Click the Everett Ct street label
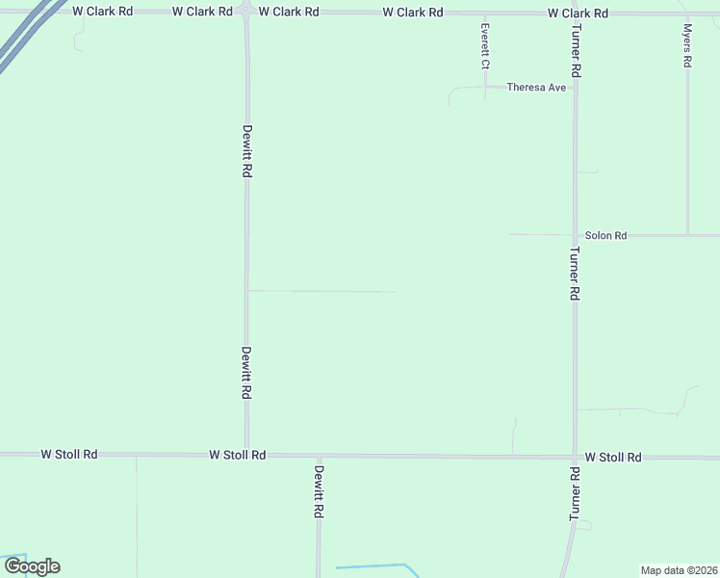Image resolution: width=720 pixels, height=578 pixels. click(x=485, y=46)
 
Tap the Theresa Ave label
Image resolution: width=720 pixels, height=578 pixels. click(x=536, y=87)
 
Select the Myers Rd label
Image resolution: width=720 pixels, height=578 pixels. click(x=686, y=46)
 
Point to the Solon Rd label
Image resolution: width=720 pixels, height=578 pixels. click(x=605, y=235)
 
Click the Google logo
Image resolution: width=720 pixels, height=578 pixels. click(x=32, y=566)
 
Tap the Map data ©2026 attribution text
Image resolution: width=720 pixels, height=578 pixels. click(x=679, y=569)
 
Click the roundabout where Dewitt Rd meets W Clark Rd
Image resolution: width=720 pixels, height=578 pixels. click(x=246, y=13)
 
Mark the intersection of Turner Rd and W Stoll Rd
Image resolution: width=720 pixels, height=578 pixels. click(x=575, y=457)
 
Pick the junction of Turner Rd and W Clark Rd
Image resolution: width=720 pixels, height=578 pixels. click(x=575, y=13)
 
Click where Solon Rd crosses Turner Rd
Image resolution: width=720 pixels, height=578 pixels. click(x=575, y=235)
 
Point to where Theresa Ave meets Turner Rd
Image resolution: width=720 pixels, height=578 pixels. click(x=575, y=87)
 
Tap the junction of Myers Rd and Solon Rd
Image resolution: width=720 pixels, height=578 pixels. click(x=687, y=235)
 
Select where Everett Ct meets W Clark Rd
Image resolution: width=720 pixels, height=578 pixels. click(x=485, y=13)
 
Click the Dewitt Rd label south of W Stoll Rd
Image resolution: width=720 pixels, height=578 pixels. click(x=318, y=492)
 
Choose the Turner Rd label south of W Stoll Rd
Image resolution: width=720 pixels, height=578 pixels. click(x=574, y=494)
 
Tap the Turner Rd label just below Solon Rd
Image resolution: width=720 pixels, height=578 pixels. click(x=574, y=274)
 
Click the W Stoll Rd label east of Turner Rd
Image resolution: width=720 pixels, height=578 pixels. click(x=612, y=458)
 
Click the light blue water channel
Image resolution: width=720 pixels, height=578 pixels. click(x=375, y=566)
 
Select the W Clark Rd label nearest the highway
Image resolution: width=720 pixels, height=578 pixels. click(x=102, y=12)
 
